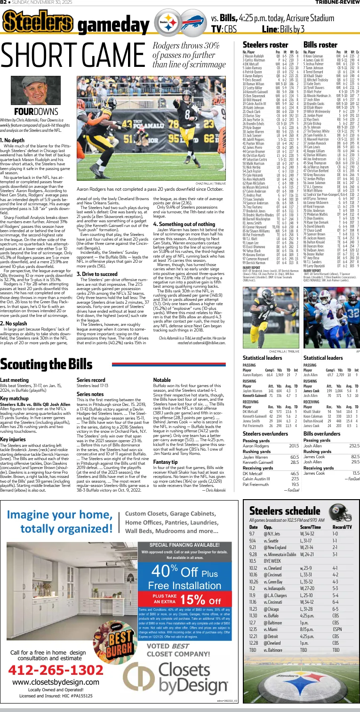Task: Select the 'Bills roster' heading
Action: (x=320, y=45)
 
